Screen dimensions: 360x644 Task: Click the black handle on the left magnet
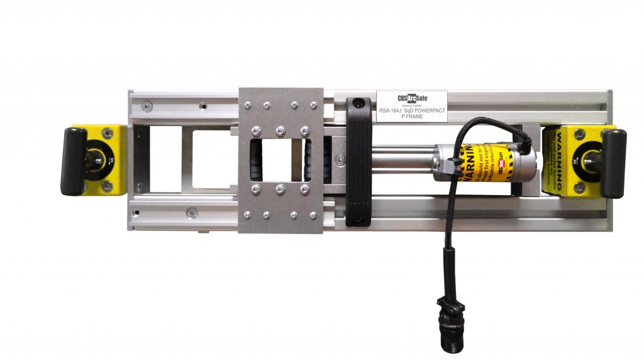pyautogui.click(x=73, y=161)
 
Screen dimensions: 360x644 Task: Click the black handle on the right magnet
pyautogui.click(x=613, y=163)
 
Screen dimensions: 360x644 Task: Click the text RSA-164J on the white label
pyautogui.click(x=392, y=111)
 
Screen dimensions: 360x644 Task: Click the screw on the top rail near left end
pyautogui.click(x=146, y=106)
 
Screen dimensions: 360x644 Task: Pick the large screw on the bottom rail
pyautogui.click(x=192, y=212)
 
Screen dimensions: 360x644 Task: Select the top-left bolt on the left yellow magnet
pyautogui.click(x=107, y=133)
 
